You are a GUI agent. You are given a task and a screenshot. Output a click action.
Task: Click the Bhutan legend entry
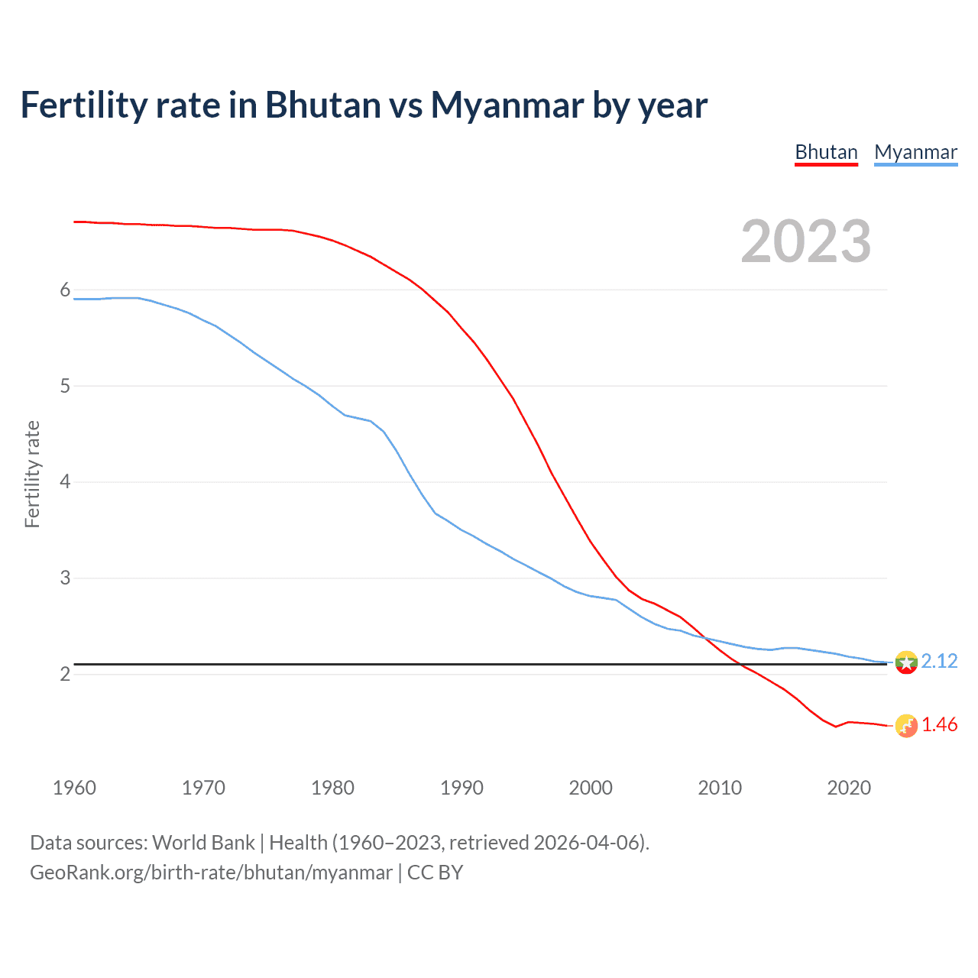click(826, 152)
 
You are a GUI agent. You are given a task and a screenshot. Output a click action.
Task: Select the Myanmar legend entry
click(915, 152)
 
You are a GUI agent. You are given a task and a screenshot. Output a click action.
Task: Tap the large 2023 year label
click(805, 241)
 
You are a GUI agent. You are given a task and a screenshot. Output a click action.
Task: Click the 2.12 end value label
click(939, 661)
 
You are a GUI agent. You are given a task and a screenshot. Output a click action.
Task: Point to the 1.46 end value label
click(939, 724)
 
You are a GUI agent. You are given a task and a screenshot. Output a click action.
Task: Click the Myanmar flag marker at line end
click(906, 662)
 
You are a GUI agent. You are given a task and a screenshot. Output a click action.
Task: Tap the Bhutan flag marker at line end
click(906, 726)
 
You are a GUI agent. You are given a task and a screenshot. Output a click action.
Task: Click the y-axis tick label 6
click(65, 290)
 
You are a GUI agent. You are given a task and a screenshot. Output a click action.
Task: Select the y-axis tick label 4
click(65, 481)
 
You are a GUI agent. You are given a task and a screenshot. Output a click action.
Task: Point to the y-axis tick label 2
click(65, 674)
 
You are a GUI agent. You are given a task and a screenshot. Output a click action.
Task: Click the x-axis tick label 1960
click(74, 788)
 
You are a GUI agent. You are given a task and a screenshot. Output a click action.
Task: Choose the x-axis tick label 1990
click(461, 788)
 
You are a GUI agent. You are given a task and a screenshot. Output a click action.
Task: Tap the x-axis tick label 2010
click(720, 788)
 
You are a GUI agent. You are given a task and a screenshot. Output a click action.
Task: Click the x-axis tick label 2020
click(849, 788)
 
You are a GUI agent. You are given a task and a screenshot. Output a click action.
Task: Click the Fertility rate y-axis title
click(32, 474)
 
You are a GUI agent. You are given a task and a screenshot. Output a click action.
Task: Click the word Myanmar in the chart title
click(507, 105)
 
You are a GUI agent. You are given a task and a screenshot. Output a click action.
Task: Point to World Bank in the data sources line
click(203, 843)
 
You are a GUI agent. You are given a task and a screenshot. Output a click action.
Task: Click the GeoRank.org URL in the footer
click(211, 873)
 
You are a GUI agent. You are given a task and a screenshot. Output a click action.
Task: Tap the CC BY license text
click(436, 873)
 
